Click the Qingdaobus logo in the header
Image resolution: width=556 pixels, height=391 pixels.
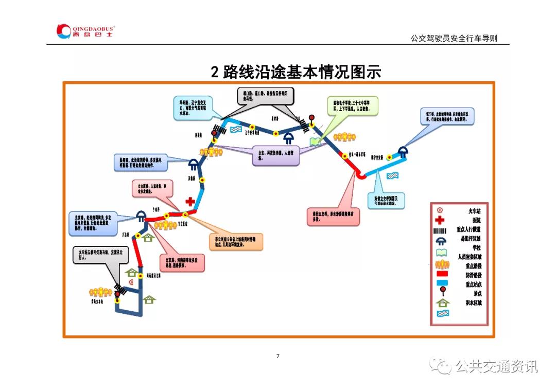pyautogui.click(x=85, y=31)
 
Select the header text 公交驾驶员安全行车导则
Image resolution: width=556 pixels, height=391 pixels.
pyautogui.click(x=454, y=38)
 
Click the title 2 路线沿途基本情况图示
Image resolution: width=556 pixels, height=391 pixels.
pyautogui.click(x=296, y=72)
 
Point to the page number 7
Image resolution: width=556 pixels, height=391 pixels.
pyautogui.click(x=278, y=356)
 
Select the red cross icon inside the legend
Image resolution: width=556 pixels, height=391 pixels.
pyautogui.click(x=441, y=220)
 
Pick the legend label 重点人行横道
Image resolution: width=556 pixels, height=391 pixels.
pyautogui.click(x=469, y=229)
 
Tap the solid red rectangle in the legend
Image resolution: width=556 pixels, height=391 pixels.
pyautogui.click(x=441, y=275)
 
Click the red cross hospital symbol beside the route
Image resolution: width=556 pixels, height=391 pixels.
pyautogui.click(x=190, y=201)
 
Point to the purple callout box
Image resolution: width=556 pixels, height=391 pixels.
pyautogui.click(x=275, y=155)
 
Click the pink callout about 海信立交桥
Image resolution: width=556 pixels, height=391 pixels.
pyautogui.click(x=333, y=217)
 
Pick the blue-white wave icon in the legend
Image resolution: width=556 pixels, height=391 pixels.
pyautogui.click(x=441, y=312)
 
